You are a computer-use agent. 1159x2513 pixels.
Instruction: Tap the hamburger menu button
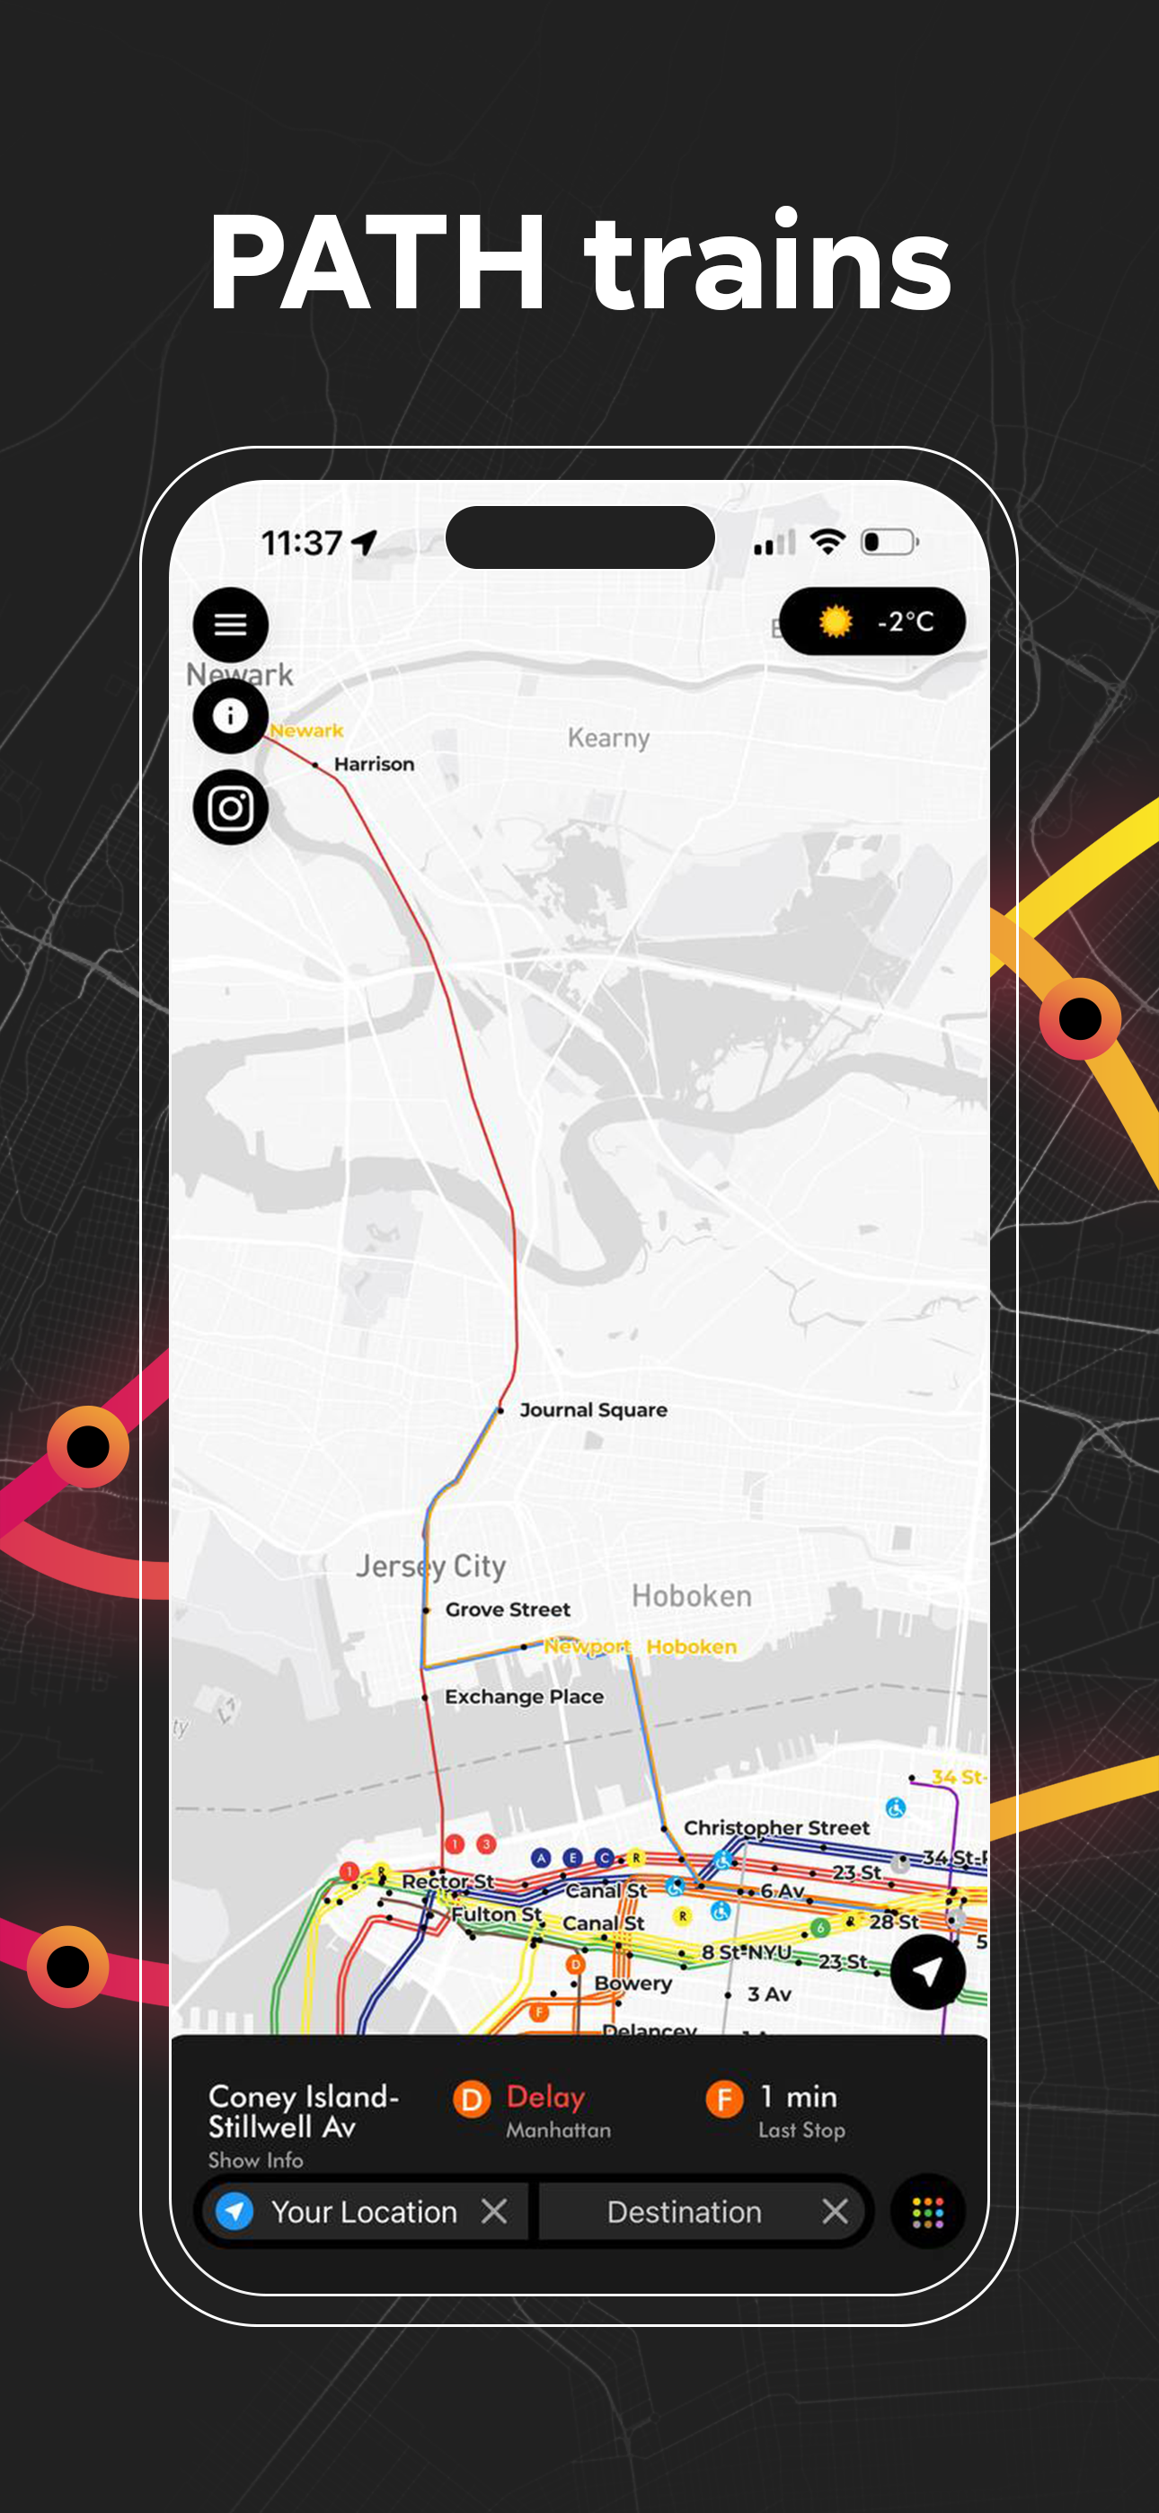[x=230, y=625]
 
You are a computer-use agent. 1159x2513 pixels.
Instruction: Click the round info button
[x=230, y=716]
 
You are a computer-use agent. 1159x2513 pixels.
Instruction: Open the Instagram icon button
[x=230, y=808]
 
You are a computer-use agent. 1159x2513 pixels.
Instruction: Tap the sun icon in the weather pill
[x=835, y=621]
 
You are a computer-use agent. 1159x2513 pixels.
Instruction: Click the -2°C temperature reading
[x=906, y=621]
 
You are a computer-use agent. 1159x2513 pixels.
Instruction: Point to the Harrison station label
[x=374, y=764]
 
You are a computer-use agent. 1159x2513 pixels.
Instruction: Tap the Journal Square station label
[x=593, y=1409]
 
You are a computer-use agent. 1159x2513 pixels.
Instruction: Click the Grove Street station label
[x=508, y=1610]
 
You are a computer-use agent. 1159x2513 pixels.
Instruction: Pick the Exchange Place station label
[x=524, y=1697]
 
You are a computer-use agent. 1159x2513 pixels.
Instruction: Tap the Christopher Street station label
[x=775, y=1827]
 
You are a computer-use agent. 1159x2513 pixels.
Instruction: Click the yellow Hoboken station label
[x=691, y=1647]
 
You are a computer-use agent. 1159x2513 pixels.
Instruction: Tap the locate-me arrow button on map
[x=927, y=1972]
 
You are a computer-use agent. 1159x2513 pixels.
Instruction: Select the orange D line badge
[x=471, y=2099]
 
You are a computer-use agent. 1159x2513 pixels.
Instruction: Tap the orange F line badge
[x=724, y=2099]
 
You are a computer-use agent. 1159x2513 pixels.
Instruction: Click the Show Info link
[x=255, y=2160]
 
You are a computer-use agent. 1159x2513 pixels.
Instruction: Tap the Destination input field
[x=684, y=2212]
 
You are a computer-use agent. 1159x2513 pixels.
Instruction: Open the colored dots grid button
[x=927, y=2212]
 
